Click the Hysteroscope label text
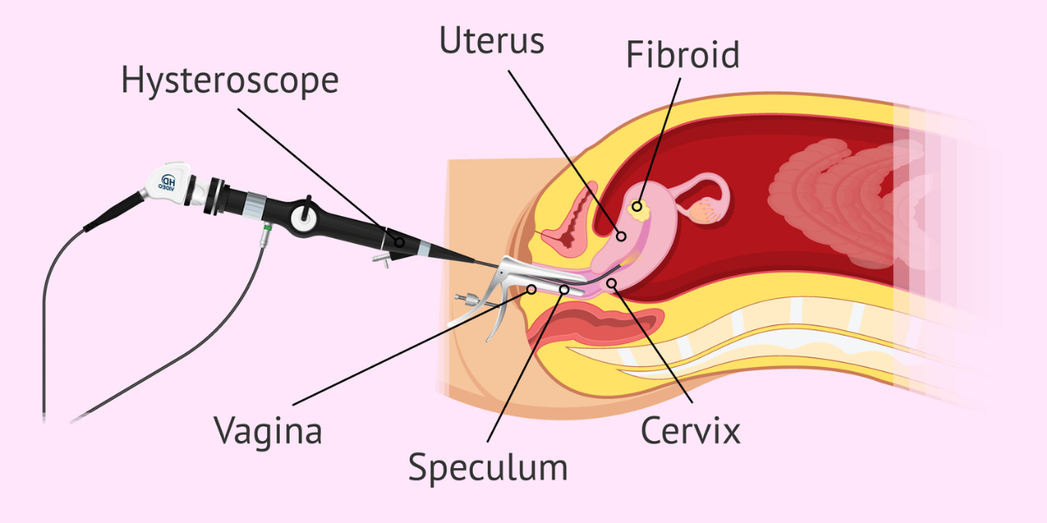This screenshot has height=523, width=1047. [229, 81]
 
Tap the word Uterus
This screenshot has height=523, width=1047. [492, 42]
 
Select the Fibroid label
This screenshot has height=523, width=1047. [682, 55]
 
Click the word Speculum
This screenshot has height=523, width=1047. [488, 468]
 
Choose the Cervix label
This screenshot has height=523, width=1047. [690, 430]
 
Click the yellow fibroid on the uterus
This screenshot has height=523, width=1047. [637, 206]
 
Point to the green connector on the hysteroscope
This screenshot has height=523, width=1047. [266, 232]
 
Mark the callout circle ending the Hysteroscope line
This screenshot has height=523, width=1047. [399, 241]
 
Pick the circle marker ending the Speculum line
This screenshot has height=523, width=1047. [565, 289]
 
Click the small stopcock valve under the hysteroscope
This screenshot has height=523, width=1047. [378, 259]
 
